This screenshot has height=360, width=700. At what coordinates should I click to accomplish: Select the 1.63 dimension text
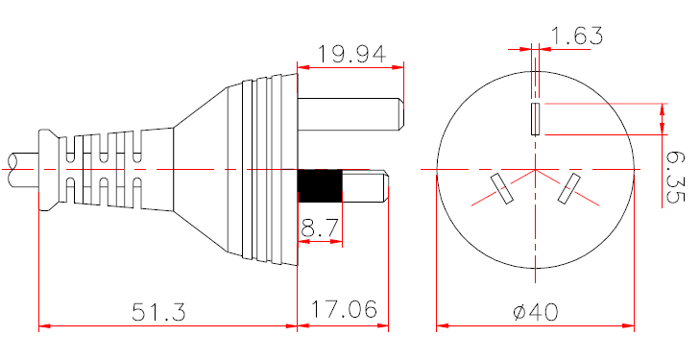point(575,36)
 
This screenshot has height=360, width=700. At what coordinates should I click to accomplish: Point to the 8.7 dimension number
point(319,228)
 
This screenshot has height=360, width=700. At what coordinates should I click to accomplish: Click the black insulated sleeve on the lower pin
point(320,185)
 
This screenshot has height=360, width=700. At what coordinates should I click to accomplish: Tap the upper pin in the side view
point(350,113)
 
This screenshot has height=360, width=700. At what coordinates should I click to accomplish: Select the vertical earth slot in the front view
point(535,119)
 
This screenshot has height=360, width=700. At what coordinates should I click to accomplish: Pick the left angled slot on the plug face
point(501,188)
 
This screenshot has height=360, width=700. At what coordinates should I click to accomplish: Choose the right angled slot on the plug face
point(569,188)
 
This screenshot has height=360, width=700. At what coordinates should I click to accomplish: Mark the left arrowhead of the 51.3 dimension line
point(43,326)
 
